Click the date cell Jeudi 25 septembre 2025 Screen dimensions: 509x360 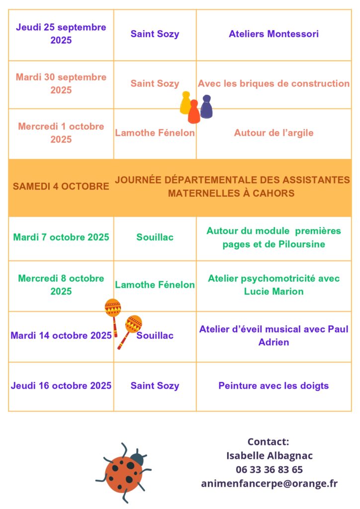pyautogui.click(x=61, y=34)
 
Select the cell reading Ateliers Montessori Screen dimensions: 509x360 pyautogui.click(x=273, y=34)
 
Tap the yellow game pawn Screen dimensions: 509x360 pyautogui.click(x=185, y=102)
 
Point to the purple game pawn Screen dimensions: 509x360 pyautogui.click(x=206, y=106)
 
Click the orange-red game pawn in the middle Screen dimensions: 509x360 pyautogui.click(x=194, y=112)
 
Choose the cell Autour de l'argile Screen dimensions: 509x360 pyautogui.click(x=273, y=133)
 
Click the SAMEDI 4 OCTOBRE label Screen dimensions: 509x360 pyautogui.click(x=61, y=186)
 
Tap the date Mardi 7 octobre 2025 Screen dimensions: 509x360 pyautogui.click(x=61, y=237)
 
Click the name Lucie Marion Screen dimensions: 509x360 pyautogui.click(x=273, y=291)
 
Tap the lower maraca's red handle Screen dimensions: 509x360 pyautogui.click(x=123, y=340)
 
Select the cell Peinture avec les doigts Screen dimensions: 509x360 pyautogui.click(x=273, y=386)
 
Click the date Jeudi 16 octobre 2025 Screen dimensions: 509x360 pyautogui.click(x=61, y=386)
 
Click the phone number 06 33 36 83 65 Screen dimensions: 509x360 pyautogui.click(x=269, y=470)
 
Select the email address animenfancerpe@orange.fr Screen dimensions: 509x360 pyautogui.click(x=269, y=484)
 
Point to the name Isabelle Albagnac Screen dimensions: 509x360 pyautogui.click(x=269, y=455)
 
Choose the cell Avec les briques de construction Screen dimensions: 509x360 pyautogui.click(x=273, y=84)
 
